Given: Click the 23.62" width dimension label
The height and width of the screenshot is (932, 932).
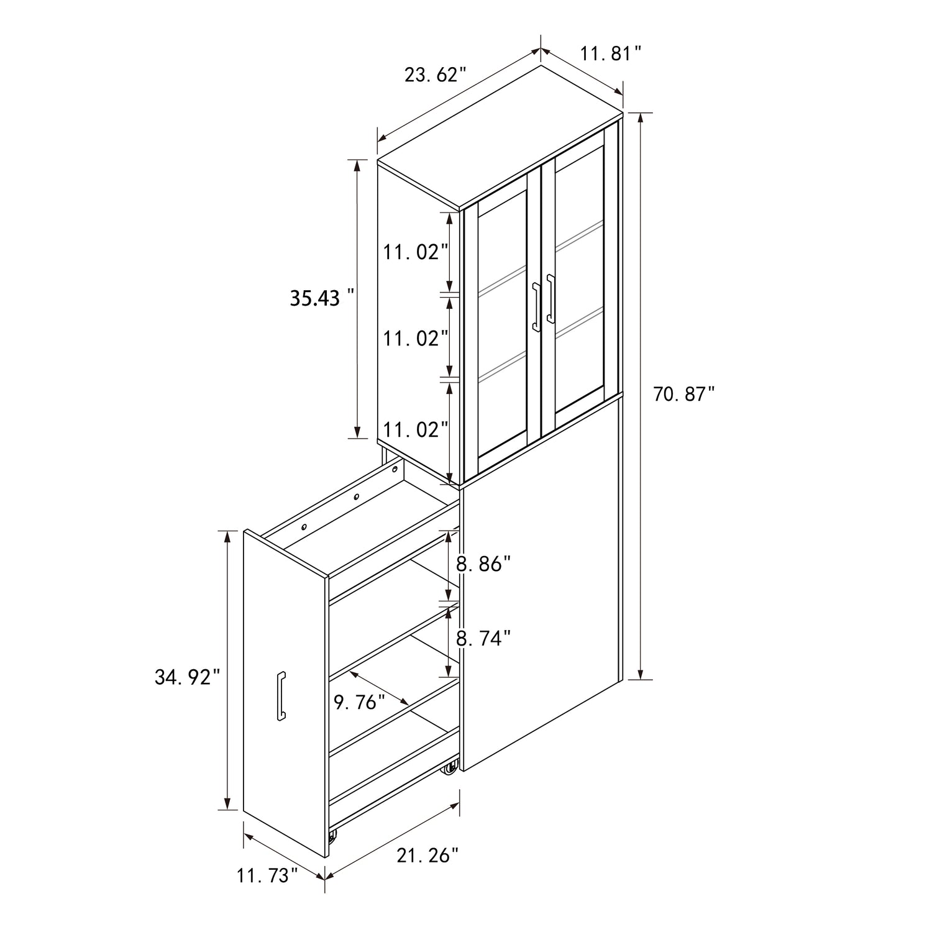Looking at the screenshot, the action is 435,75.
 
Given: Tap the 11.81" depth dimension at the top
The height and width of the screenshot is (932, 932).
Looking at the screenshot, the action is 610,53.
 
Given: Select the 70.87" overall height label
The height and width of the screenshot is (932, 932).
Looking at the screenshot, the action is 683,393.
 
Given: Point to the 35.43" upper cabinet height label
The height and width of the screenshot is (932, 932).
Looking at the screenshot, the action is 323,298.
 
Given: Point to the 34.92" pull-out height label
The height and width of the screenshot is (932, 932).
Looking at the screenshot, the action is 188,677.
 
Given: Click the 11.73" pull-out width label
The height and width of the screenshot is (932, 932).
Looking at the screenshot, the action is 267,876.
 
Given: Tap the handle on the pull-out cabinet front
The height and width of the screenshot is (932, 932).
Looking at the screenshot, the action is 281,697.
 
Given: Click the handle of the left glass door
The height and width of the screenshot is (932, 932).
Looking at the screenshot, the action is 536,306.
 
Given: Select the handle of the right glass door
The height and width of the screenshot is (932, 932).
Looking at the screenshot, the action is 550,298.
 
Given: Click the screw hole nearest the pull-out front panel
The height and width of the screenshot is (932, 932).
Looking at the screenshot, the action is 304,527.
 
